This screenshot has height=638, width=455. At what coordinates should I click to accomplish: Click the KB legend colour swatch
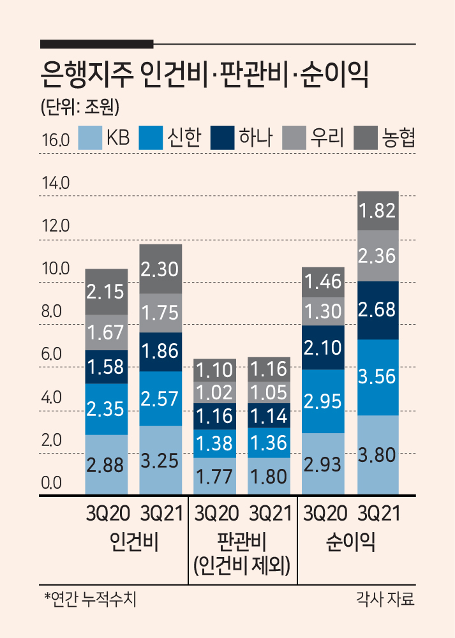pyautogui.click(x=90, y=138)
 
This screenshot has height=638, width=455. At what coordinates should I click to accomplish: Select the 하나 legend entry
pyautogui.click(x=241, y=138)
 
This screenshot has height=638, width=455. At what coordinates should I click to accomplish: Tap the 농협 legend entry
pyautogui.click(x=385, y=138)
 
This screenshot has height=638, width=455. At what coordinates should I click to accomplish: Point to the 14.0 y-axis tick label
pyautogui.click(x=56, y=184)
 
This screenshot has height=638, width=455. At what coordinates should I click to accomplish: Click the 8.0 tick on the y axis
pyautogui.click(x=51, y=311)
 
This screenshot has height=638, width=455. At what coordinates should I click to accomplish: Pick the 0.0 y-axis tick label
pyautogui.click(x=51, y=483)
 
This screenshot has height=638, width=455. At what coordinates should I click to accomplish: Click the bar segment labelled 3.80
pyautogui.click(x=378, y=455)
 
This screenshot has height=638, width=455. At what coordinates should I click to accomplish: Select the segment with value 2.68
pyautogui.click(x=378, y=310)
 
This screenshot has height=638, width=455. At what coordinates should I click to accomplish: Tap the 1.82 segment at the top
pyautogui.click(x=378, y=211)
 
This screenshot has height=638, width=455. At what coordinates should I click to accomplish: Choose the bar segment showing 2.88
pyautogui.click(x=106, y=464)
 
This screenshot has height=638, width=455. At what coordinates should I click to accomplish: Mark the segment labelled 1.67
pyautogui.click(x=106, y=332)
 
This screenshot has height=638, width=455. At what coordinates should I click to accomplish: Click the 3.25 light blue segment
pyautogui.click(x=160, y=460)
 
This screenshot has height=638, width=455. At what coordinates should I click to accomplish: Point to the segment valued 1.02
pyautogui.click(x=214, y=392)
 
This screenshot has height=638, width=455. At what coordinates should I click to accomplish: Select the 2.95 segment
pyautogui.click(x=323, y=401)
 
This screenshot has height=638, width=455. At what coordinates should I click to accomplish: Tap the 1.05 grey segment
pyautogui.click(x=269, y=392)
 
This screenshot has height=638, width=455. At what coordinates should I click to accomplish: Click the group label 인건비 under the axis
pyautogui.click(x=134, y=542)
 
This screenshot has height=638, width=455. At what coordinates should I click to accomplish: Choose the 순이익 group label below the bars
pyautogui.click(x=350, y=542)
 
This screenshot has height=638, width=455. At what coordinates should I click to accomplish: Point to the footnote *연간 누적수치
pyautogui.click(x=91, y=599)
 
